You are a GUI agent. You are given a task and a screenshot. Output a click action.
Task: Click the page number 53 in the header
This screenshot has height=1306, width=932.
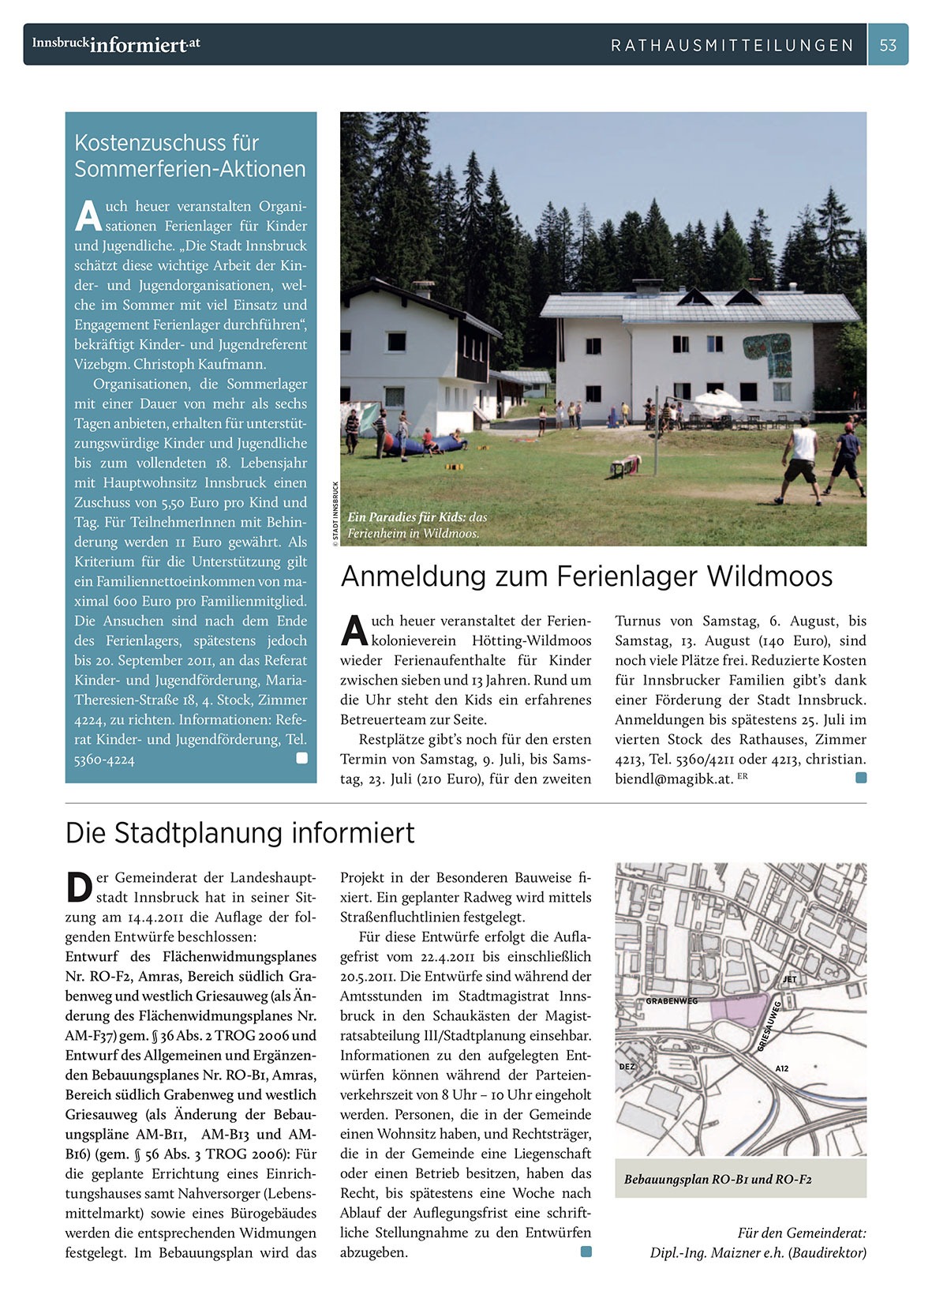[x=888, y=45]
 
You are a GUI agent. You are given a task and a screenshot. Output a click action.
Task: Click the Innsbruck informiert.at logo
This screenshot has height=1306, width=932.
[x=116, y=44]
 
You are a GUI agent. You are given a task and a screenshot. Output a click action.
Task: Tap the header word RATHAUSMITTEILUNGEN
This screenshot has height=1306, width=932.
[x=732, y=46]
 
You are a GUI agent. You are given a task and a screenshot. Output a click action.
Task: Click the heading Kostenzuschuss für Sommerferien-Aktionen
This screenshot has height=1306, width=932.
[x=189, y=156]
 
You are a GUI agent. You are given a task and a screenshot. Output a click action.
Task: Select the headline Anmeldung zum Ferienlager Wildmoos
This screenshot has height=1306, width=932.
[x=586, y=576]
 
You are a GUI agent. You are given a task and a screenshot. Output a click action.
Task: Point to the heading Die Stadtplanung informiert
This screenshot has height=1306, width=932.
[x=240, y=833]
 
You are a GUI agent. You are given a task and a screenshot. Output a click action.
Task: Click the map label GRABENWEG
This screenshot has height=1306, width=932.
[x=672, y=1001]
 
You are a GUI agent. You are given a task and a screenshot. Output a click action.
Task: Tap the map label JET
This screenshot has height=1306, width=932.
[x=789, y=979]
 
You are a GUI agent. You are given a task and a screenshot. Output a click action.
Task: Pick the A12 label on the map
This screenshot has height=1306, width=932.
[x=781, y=1068]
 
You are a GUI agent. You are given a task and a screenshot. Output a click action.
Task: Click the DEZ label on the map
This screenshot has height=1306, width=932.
[x=627, y=1067]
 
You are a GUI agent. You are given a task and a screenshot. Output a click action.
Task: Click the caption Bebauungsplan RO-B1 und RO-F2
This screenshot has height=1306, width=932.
[x=717, y=1180]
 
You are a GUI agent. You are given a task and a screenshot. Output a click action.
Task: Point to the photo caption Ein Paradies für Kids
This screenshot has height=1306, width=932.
[x=417, y=525]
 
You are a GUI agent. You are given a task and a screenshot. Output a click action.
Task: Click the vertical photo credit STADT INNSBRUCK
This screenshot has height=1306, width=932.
[x=335, y=513]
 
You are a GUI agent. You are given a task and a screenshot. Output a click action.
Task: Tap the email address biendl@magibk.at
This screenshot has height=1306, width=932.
[x=674, y=779]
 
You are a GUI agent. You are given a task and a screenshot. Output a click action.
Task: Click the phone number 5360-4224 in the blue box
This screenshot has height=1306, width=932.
[x=104, y=760]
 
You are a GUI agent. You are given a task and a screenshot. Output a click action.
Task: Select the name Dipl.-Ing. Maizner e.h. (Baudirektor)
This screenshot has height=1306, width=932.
[x=758, y=1252]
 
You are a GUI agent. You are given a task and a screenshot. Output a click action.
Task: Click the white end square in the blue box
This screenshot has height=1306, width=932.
[x=301, y=758]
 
